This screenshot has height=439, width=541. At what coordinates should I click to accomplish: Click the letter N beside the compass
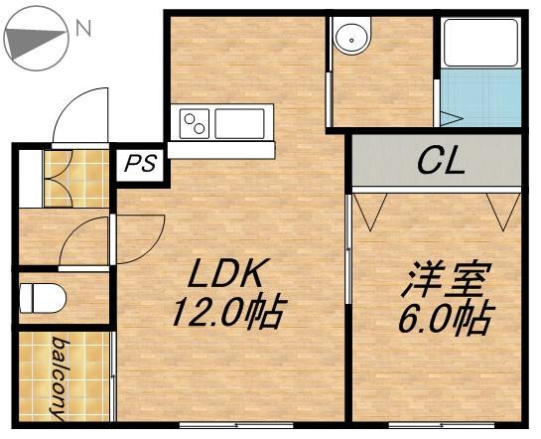coord(83,28)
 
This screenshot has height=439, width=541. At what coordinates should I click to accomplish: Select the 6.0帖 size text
coord(445,318)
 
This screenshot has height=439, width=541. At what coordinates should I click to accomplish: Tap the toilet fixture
coord(43,298)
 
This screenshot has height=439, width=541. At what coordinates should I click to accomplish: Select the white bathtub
coord(481,43)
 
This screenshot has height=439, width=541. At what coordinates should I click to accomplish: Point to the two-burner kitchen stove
coord(195,124)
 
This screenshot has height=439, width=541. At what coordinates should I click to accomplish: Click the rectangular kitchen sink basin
coord(239,123)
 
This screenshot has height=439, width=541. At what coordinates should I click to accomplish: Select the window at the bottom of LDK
coord(236,425)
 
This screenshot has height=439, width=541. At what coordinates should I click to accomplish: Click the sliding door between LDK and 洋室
coord(348,248)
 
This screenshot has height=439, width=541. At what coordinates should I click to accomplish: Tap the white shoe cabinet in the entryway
coord(31,179)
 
